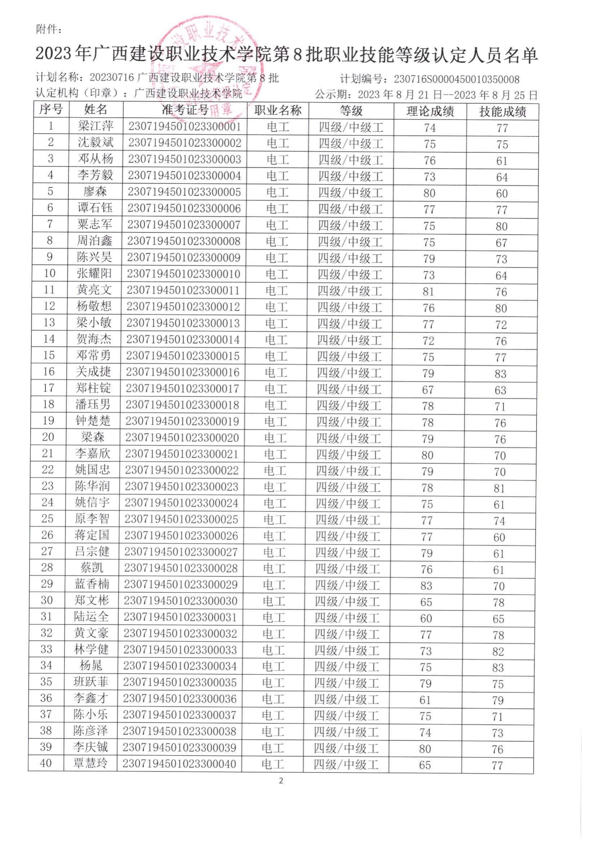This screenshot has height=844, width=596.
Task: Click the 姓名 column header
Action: pos(96,109)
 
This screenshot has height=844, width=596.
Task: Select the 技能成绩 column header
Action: pos(502,111)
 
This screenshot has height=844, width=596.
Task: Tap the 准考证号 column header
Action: pos(185,110)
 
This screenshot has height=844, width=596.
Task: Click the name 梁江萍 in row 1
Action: pos(96,126)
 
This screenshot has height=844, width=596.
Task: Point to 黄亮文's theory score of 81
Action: pos(429,292)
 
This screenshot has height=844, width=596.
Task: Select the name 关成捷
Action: pos(93,372)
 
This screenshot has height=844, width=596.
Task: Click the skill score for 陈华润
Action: pos(499,488)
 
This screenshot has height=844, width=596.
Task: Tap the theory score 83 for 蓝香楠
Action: pos(426,586)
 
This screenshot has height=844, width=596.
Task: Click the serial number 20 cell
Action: pos(48,437)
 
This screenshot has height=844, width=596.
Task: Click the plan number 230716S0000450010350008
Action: pos(456,79)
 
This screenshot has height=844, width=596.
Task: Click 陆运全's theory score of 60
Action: pos(426,618)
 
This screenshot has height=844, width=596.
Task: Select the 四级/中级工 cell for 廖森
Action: pos(351,193)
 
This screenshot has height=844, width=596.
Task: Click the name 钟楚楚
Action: pos(93,421)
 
